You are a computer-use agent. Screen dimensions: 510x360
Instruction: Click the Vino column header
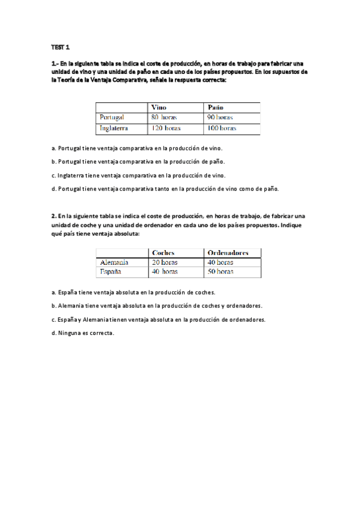click(x=159, y=107)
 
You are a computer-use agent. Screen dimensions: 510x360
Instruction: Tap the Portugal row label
click(x=112, y=117)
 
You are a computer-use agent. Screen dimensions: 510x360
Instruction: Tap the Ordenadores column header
click(x=227, y=253)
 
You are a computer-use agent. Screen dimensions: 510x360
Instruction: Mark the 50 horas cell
click(x=220, y=272)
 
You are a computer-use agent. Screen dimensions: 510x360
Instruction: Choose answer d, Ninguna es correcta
click(x=83, y=333)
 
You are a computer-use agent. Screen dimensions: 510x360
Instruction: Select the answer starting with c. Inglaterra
click(x=139, y=175)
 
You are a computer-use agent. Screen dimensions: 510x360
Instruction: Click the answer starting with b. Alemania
click(x=157, y=306)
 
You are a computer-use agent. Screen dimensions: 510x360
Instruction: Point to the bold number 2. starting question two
click(x=54, y=215)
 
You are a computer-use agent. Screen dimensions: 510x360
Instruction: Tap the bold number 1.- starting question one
click(x=55, y=64)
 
